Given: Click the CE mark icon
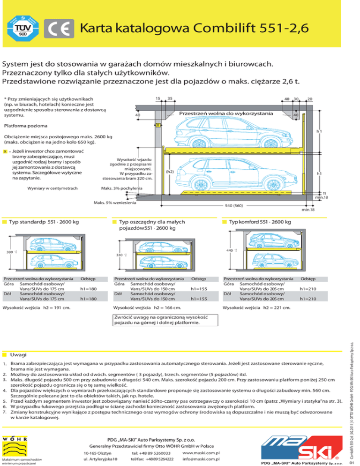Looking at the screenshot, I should pyautogui.click(x=60, y=29).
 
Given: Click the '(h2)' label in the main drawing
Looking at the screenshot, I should pyautogui.click(x=170, y=171).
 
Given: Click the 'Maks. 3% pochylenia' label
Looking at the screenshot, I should pyautogui.click(x=116, y=189).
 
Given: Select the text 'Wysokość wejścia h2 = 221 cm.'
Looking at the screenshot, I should pyautogui.click(x=257, y=308).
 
